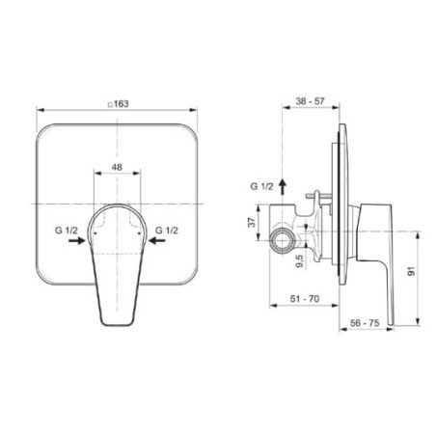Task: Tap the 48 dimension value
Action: click(x=117, y=167)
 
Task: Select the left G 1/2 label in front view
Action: click(x=67, y=231)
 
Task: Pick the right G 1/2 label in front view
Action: click(x=167, y=231)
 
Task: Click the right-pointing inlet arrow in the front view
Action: click(x=77, y=240)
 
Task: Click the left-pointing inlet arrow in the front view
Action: click(x=157, y=240)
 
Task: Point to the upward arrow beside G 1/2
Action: click(x=283, y=187)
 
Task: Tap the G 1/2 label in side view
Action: click(x=261, y=186)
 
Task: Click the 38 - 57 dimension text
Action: click(x=311, y=101)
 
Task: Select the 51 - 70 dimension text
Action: click(x=305, y=299)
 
